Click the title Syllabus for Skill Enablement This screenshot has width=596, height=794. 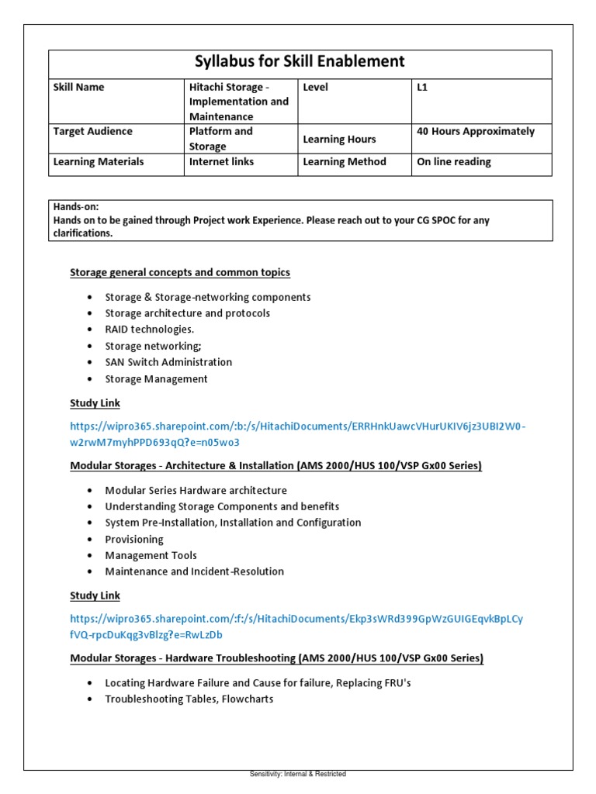(300, 62)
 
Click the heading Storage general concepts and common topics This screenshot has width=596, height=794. (180, 273)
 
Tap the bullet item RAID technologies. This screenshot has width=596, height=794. (150, 330)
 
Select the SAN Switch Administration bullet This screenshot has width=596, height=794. (168, 362)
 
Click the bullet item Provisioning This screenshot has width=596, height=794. (134, 539)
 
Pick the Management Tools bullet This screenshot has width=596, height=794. (151, 555)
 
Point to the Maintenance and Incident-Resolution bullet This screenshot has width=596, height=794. (194, 571)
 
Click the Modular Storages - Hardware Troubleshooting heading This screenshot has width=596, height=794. (276, 658)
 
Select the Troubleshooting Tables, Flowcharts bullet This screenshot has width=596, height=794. (189, 699)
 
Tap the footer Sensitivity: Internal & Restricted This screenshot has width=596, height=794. (298, 774)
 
